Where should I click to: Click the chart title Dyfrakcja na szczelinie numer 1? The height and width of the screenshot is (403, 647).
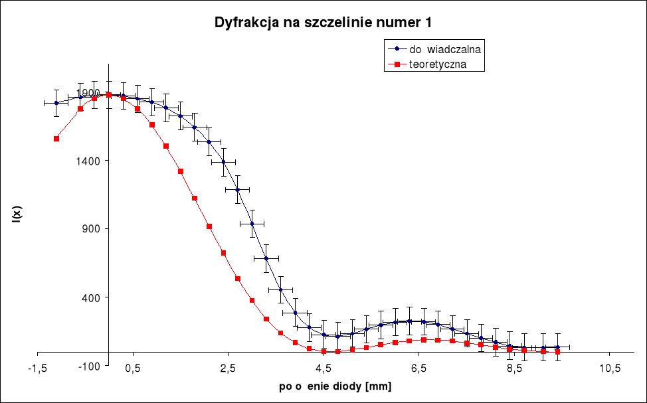point(323,23)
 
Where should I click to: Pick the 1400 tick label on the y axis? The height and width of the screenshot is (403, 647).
point(88,161)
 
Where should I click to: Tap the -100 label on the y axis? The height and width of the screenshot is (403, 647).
point(88,366)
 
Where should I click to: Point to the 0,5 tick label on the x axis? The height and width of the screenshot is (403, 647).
point(134,368)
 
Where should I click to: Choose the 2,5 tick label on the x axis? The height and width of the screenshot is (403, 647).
point(229,368)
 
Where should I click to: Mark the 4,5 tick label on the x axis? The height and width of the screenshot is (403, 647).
point(323,368)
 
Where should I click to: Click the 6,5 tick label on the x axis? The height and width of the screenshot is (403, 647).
point(418,368)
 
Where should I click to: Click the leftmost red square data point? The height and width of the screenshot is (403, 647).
point(56,139)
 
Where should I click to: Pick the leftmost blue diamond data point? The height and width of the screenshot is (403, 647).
point(56,103)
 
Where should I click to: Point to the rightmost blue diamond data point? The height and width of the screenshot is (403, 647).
point(557,347)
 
